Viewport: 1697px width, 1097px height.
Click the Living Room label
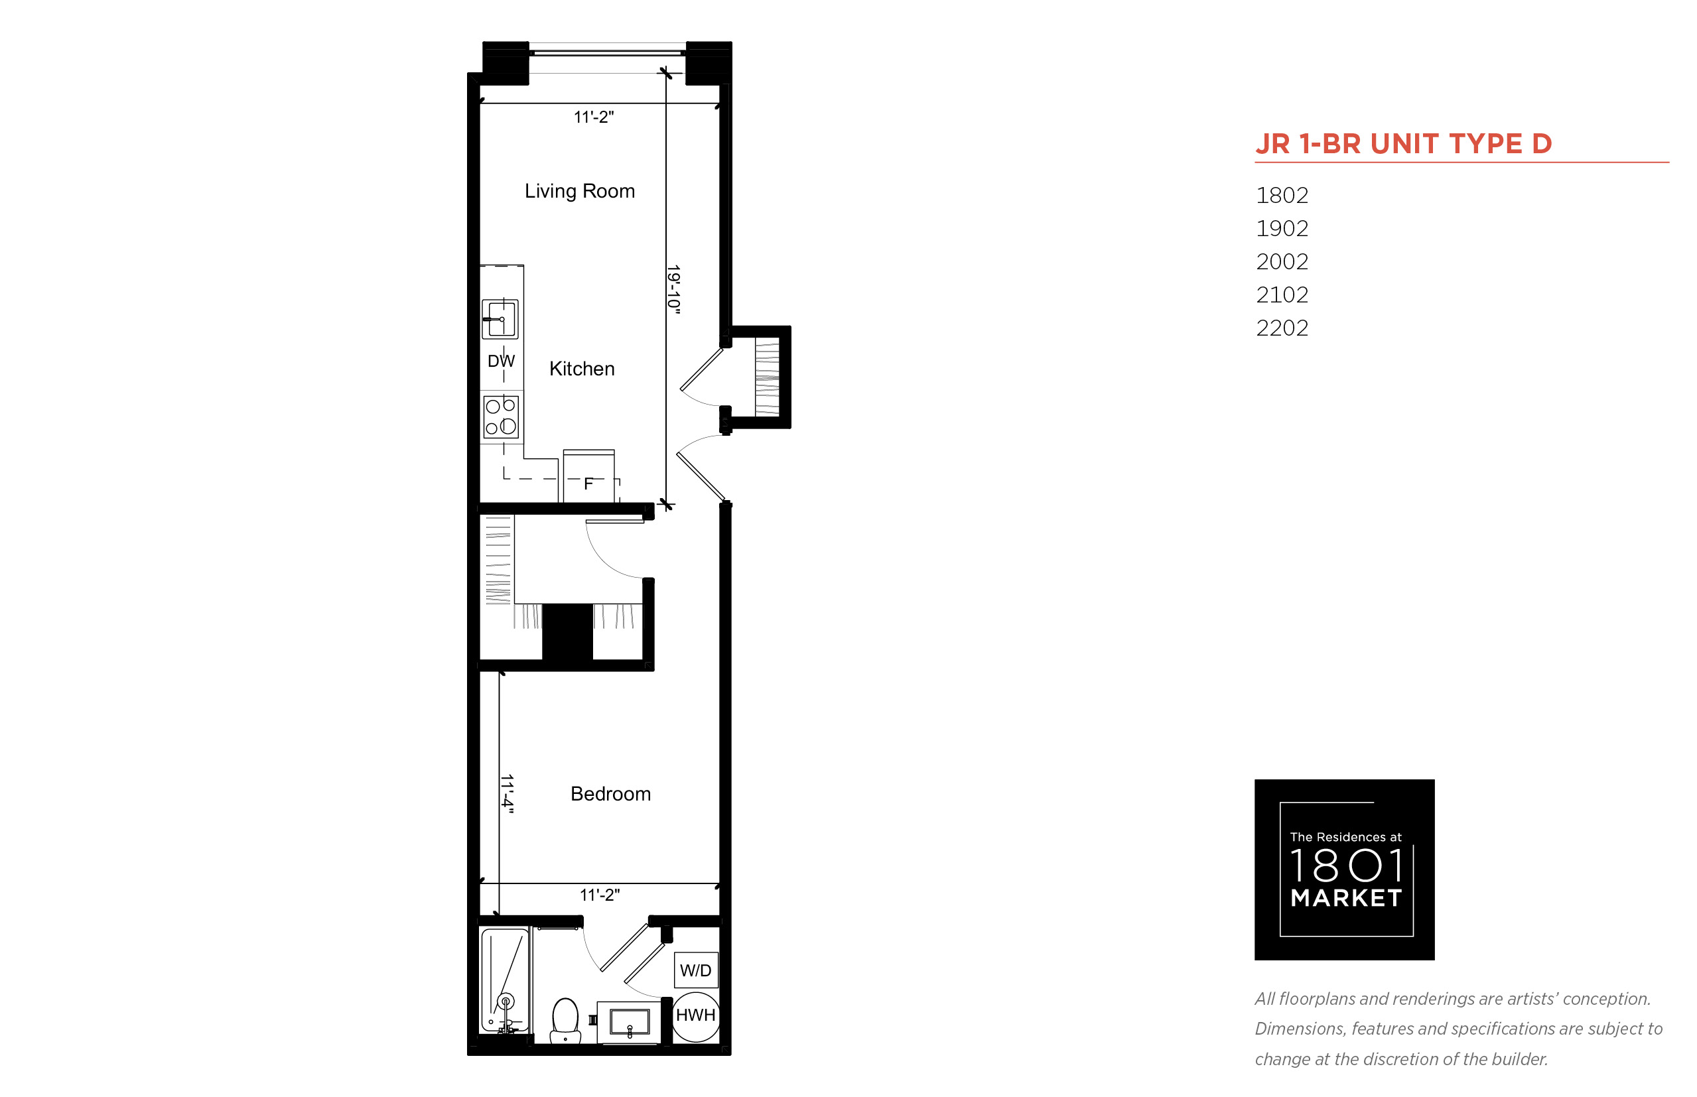click(579, 191)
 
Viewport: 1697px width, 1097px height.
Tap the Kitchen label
click(581, 368)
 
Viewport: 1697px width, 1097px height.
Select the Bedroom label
click(610, 793)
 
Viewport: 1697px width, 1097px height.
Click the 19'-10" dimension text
click(673, 289)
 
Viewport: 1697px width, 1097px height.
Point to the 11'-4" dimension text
click(507, 793)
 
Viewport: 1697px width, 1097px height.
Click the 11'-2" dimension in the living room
click(594, 117)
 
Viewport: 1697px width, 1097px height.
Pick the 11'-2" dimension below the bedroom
click(599, 895)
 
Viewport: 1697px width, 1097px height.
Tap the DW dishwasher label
click(501, 361)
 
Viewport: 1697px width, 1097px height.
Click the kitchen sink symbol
click(500, 318)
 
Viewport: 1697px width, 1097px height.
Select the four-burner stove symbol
click(501, 417)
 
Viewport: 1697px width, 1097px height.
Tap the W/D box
click(695, 970)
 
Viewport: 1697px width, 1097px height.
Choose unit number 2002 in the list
click(1282, 261)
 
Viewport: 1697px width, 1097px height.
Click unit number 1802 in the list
click(1282, 195)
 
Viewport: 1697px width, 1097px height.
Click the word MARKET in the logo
click(1346, 898)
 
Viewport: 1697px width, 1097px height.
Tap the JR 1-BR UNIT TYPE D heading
click(1404, 144)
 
